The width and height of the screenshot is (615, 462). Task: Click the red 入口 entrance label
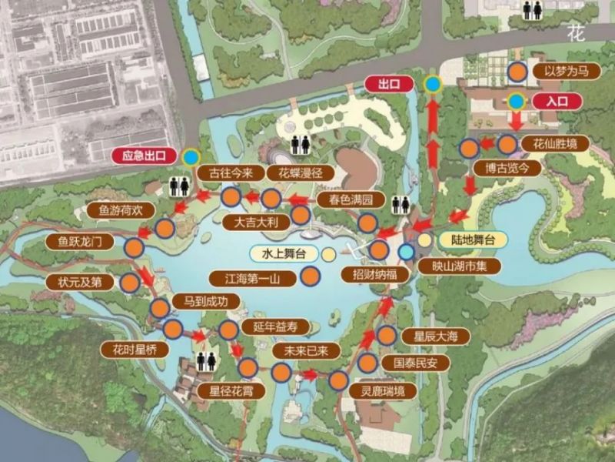pos(555,101)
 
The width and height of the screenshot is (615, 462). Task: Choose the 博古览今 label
pos(501,167)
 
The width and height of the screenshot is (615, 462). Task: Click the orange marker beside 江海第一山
pos(310,277)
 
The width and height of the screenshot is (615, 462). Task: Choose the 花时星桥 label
pos(134,349)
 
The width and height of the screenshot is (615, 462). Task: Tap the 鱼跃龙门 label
pos(85,242)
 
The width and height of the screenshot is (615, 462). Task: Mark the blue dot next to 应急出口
pos(190,156)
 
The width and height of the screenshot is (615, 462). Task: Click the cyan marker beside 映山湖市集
pos(406,251)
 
